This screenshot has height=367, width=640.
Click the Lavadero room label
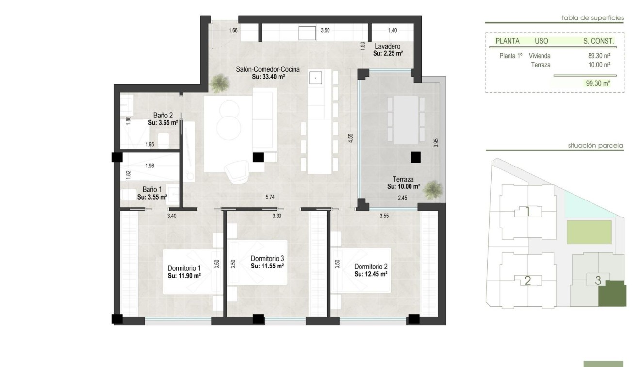387,46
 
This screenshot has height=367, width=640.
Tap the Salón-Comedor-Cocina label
268,69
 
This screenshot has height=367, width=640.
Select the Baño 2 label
163,116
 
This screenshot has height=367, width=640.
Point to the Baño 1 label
152,190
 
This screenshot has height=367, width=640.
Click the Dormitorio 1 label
184,268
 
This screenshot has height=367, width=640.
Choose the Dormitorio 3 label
267,259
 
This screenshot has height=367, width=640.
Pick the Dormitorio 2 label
370,267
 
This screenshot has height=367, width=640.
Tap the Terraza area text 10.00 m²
403,186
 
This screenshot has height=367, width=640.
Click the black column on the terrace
415,157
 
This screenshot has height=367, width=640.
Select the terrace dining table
406,119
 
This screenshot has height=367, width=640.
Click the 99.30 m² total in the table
598,83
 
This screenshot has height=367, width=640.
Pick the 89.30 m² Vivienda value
599,56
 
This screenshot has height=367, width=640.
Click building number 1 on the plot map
527,211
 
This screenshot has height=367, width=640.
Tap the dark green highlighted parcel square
612,294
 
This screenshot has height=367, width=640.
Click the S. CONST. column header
598,41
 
